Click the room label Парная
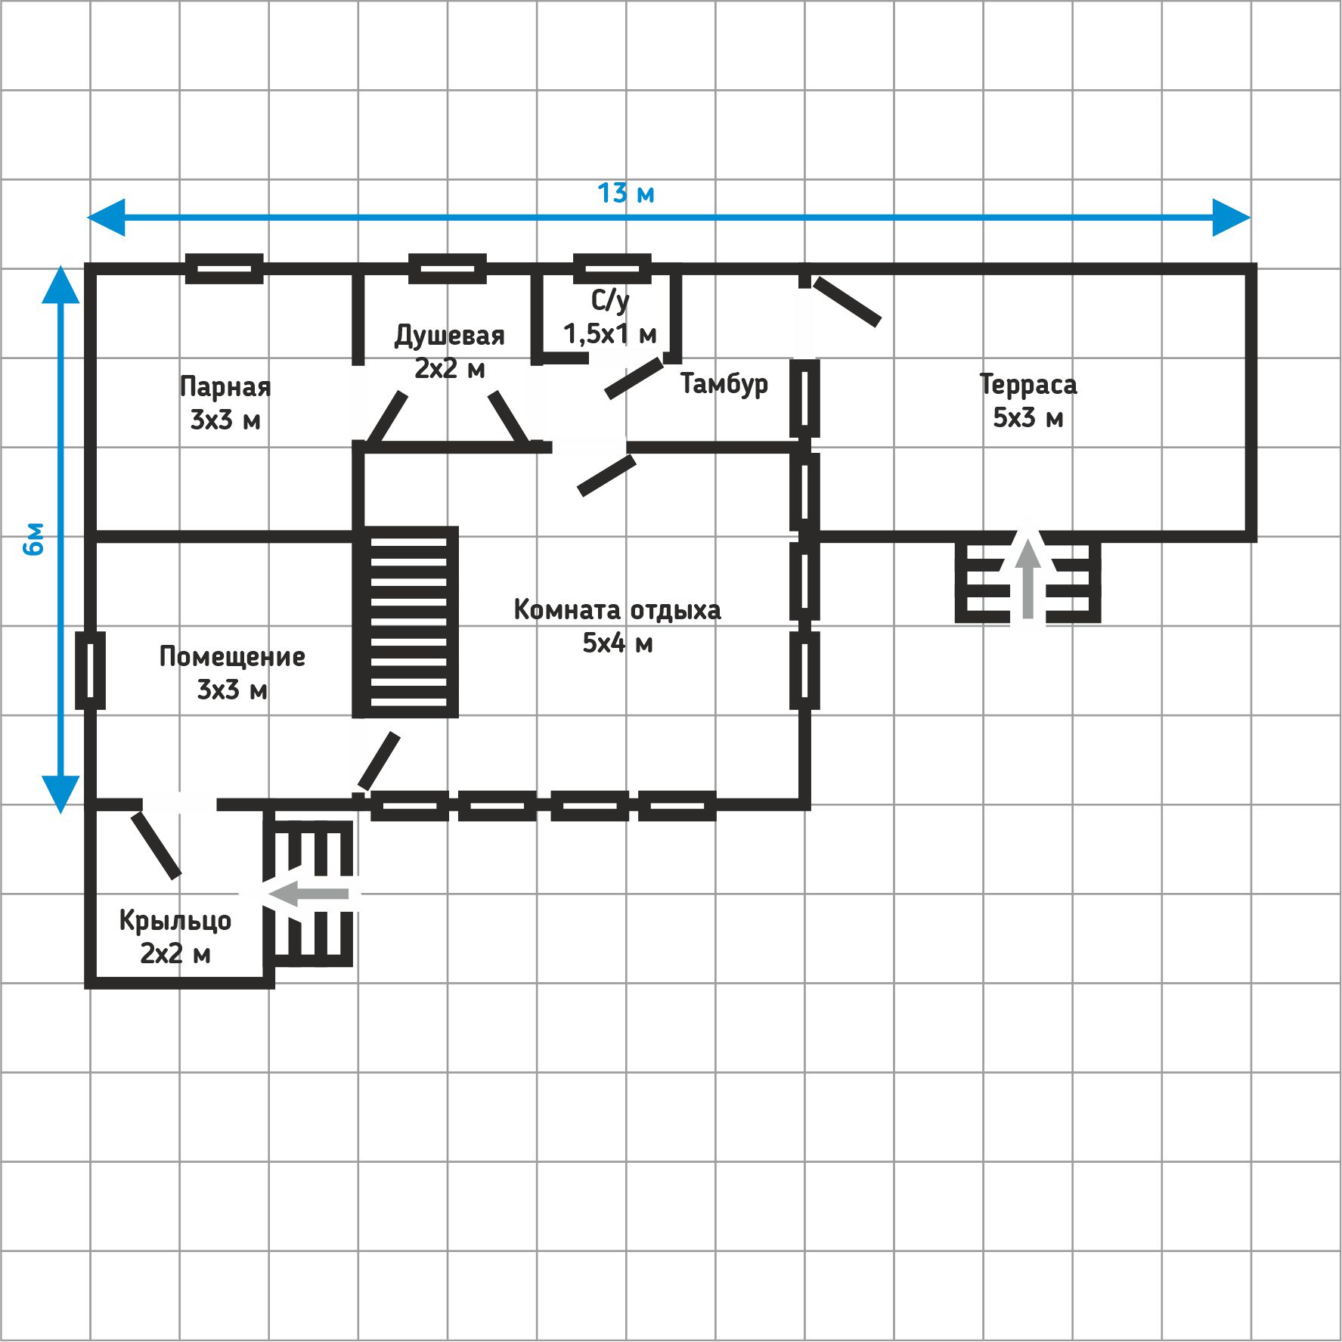click(225, 386)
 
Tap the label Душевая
click(450, 336)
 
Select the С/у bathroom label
click(610, 300)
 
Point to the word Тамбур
click(724, 383)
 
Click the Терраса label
click(1028, 385)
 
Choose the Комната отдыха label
click(617, 609)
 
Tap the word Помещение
click(232, 656)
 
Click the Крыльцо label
click(175, 920)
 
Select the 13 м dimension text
click(626, 194)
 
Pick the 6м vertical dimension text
click(35, 538)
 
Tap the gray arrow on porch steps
click(306, 894)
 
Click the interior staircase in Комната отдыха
click(406, 621)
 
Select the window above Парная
click(225, 268)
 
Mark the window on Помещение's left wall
click(90, 671)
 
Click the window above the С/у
click(612, 268)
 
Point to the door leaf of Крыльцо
click(157, 845)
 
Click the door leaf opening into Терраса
click(847, 302)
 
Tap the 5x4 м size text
click(617, 643)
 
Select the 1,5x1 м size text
click(610, 333)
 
